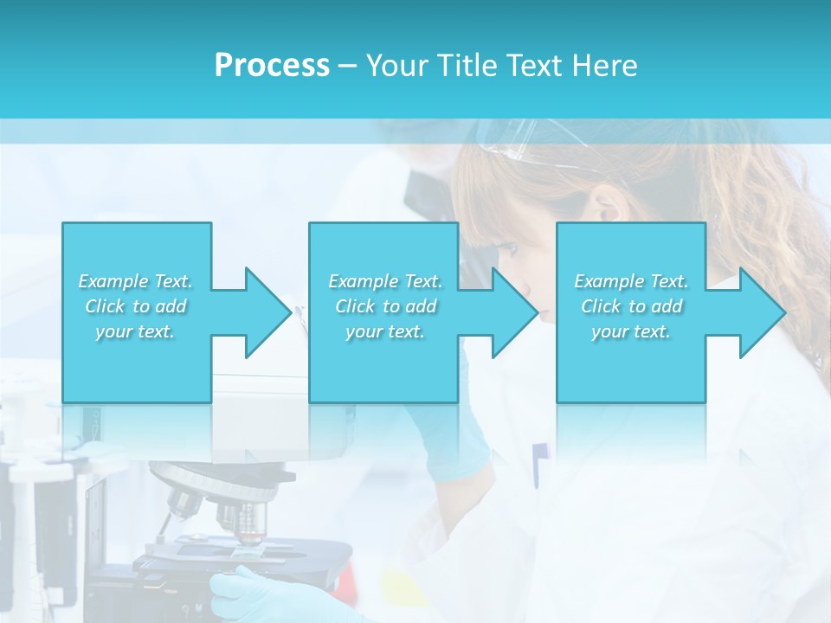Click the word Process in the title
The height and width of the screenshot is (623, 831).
click(x=272, y=66)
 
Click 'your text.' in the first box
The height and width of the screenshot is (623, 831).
click(x=135, y=331)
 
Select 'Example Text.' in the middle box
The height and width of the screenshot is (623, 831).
click(x=385, y=281)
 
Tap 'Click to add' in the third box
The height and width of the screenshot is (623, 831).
click(x=632, y=306)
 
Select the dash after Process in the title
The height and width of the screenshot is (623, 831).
click(x=347, y=66)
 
